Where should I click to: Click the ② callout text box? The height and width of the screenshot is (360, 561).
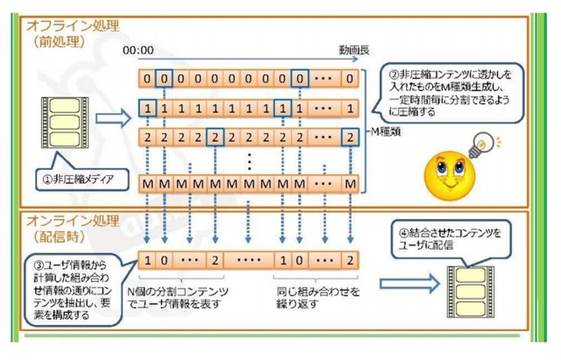[450, 91]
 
